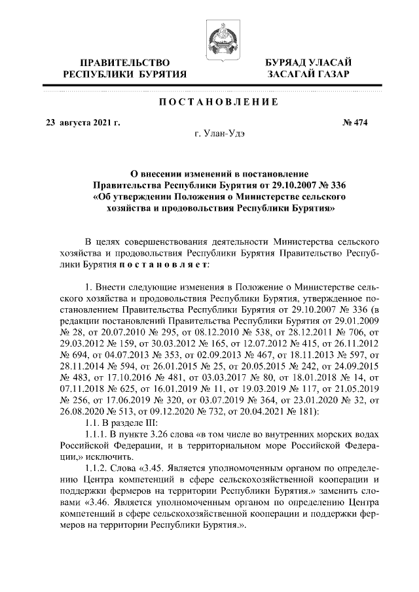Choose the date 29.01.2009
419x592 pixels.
[x=347, y=322]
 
